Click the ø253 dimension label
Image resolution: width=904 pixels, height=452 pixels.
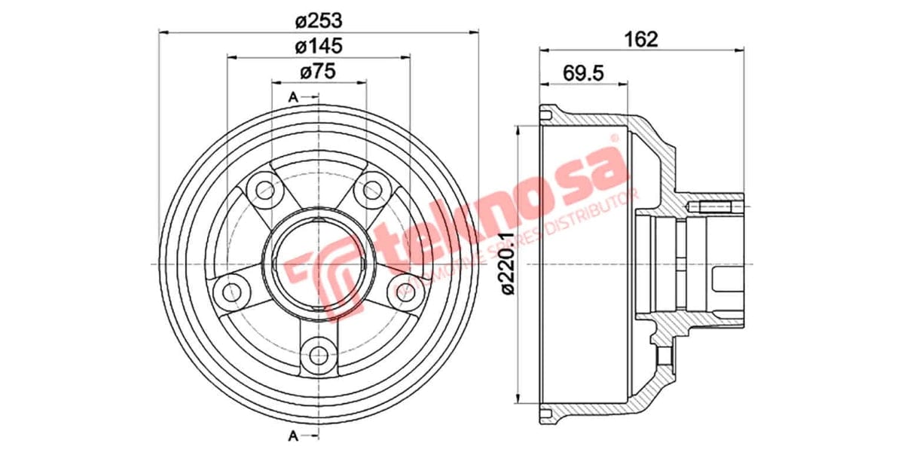319,19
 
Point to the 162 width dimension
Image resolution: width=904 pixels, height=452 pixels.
642,39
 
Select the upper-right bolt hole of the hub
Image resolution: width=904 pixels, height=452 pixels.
372,189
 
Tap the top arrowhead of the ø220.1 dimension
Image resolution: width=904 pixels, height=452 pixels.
518,130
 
